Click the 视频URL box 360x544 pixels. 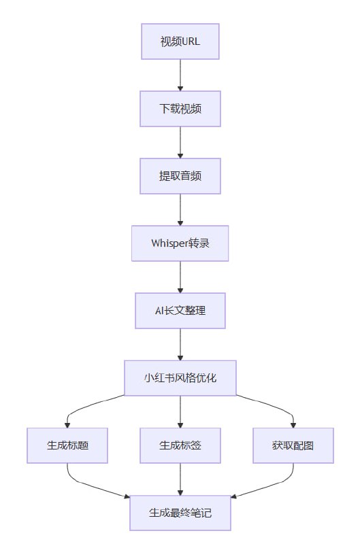(180, 41)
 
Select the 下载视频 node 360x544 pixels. (180, 109)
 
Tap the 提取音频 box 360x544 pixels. (180, 175)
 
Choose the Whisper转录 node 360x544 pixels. (180, 243)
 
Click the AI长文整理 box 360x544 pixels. (180, 310)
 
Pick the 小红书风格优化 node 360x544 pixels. (180, 377)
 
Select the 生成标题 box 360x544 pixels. (68, 445)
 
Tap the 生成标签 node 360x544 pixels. (180, 445)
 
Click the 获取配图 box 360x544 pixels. (293, 445)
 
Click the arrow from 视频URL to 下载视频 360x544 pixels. (180, 75)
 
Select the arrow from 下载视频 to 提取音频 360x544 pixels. (180, 142)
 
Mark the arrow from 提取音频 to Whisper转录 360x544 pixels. (180, 209)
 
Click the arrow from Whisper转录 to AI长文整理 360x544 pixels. (180, 277)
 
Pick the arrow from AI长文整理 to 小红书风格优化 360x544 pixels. (180, 343)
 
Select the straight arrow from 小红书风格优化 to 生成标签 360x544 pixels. (180, 411)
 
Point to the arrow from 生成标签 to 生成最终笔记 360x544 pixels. (180, 479)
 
